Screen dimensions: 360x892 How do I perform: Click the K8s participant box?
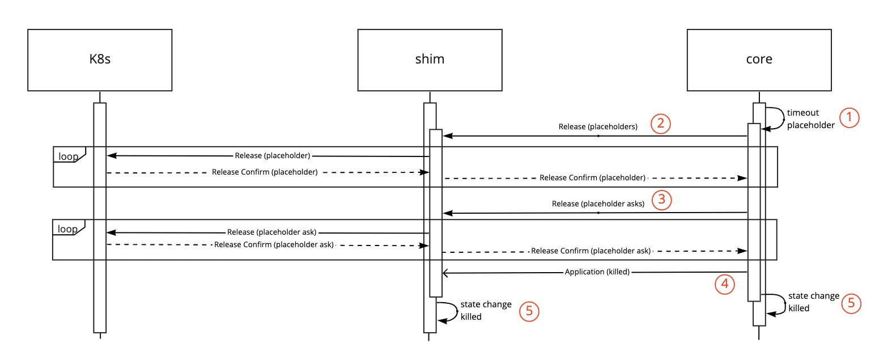(100, 60)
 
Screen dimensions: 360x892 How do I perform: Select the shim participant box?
(430, 60)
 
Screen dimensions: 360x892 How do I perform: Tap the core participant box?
(759, 60)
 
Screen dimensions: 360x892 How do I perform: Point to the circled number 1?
(849, 118)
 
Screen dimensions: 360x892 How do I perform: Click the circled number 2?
(661, 124)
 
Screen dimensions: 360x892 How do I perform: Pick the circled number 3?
(661, 200)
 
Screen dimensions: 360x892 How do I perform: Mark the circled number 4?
(725, 283)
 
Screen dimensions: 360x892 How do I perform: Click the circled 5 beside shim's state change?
(529, 311)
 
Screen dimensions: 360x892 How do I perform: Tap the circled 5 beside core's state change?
(851, 303)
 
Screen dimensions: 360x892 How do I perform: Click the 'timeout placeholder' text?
(810, 119)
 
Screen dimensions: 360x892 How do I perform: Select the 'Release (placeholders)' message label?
(598, 127)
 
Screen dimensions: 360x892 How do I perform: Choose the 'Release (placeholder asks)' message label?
(598, 204)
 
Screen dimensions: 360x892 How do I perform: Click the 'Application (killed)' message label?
(597, 272)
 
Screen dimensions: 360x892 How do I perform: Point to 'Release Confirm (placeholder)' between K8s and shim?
(265, 172)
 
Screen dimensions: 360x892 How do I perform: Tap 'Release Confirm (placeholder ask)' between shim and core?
(591, 251)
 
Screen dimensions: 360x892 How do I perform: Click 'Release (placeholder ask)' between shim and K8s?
(271, 232)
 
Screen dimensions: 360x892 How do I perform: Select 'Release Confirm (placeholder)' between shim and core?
(592, 178)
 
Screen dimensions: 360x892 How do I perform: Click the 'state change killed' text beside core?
(813, 302)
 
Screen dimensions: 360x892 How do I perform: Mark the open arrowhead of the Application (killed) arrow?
(445, 273)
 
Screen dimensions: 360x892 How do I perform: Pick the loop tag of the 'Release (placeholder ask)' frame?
(68, 229)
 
